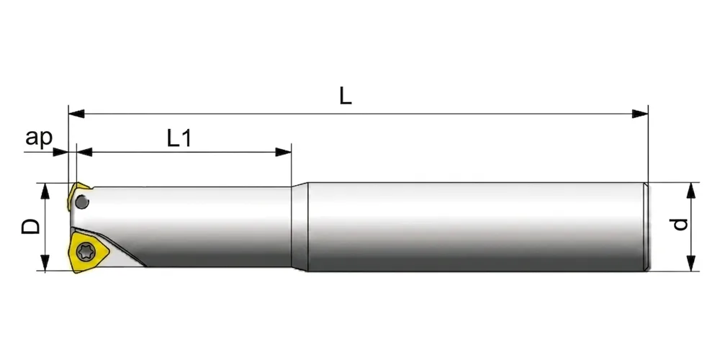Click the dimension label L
click(x=346, y=96)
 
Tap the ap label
click(x=39, y=138)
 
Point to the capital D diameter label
click(x=30, y=226)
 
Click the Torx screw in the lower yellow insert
click(x=85, y=251)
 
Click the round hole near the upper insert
click(x=82, y=202)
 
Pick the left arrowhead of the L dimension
click(x=76, y=114)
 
